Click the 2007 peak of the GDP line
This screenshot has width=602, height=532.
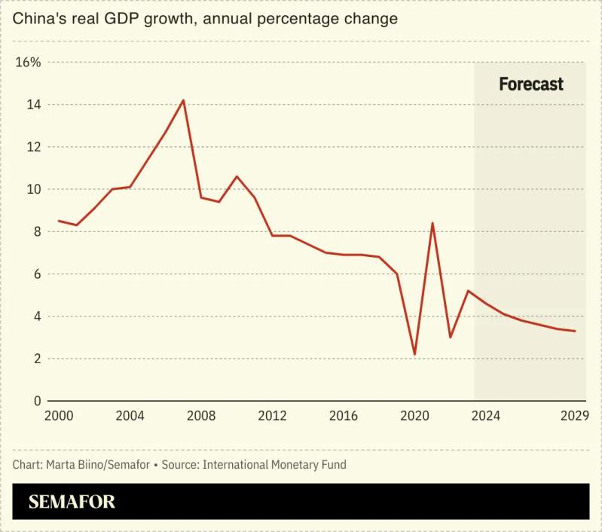click(183, 100)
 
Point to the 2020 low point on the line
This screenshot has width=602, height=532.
click(414, 354)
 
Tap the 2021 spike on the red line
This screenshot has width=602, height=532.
click(432, 223)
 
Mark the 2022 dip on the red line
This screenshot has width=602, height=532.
click(451, 337)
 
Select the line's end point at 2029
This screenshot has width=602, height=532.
click(576, 331)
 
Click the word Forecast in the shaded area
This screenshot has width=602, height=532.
click(530, 84)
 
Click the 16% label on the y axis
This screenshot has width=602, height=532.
click(29, 62)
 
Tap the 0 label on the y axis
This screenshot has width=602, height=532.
click(37, 401)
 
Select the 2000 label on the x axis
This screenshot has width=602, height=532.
click(59, 416)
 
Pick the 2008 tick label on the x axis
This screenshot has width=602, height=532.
click(201, 416)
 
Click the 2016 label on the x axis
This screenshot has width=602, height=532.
click(344, 416)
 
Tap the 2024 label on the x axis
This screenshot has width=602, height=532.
click(486, 416)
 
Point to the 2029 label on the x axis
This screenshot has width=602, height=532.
click(575, 416)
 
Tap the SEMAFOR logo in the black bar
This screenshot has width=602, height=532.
click(72, 502)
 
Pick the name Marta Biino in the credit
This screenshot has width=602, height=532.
click(74, 464)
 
